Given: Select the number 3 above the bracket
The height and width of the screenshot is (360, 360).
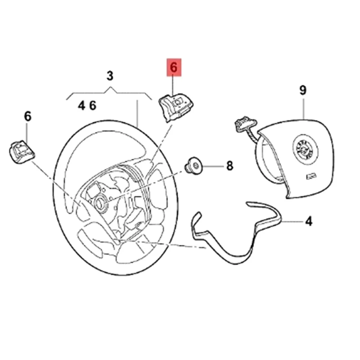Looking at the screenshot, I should coord(110,76).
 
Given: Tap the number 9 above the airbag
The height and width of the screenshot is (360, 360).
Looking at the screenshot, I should coord(303,90).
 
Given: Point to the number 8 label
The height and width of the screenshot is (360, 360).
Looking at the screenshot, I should coord(229,166).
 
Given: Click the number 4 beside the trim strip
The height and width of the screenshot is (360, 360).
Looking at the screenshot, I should coord(309,221).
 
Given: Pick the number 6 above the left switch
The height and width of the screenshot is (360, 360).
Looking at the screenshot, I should coord(27,117).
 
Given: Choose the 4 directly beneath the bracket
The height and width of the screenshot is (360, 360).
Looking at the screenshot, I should coord(81,106).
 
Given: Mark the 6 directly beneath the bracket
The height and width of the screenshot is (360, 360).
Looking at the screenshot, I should coord(93,106).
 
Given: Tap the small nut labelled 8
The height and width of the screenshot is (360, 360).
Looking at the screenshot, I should coord(194,166).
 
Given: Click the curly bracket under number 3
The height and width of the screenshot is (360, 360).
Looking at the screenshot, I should coord(109,93).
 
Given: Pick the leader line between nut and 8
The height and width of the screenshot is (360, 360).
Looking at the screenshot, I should coord(211,166).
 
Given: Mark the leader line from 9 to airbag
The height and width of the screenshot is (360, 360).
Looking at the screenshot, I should coord(303,108).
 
